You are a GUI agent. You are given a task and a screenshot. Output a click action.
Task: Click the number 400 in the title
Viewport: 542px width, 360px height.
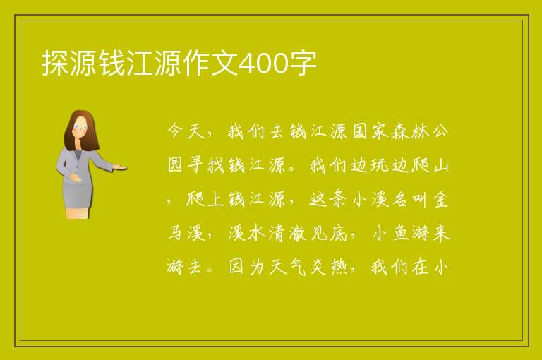point(263,64)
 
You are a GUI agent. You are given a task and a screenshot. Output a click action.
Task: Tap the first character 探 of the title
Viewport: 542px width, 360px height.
point(55,64)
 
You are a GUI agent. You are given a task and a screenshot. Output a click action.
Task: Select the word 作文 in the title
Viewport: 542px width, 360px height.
point(210,64)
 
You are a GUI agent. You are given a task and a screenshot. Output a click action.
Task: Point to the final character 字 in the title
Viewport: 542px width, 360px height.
point(302,64)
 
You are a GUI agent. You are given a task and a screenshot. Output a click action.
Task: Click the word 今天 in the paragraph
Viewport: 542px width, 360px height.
point(186,131)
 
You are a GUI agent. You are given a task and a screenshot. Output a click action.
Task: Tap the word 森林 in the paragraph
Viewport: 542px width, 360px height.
point(411,131)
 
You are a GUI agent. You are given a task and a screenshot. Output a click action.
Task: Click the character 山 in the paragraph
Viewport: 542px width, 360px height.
point(440,165)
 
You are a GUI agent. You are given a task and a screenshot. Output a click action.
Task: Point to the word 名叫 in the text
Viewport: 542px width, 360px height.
point(411,200)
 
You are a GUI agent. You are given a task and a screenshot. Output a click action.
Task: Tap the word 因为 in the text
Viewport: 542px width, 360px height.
point(247,267)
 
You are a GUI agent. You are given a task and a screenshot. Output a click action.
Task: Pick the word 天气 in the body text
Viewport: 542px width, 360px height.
point(288,267)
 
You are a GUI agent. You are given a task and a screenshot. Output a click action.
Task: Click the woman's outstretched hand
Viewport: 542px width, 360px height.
point(120,168)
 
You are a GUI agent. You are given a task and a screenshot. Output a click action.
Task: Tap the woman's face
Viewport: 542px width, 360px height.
point(81,126)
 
